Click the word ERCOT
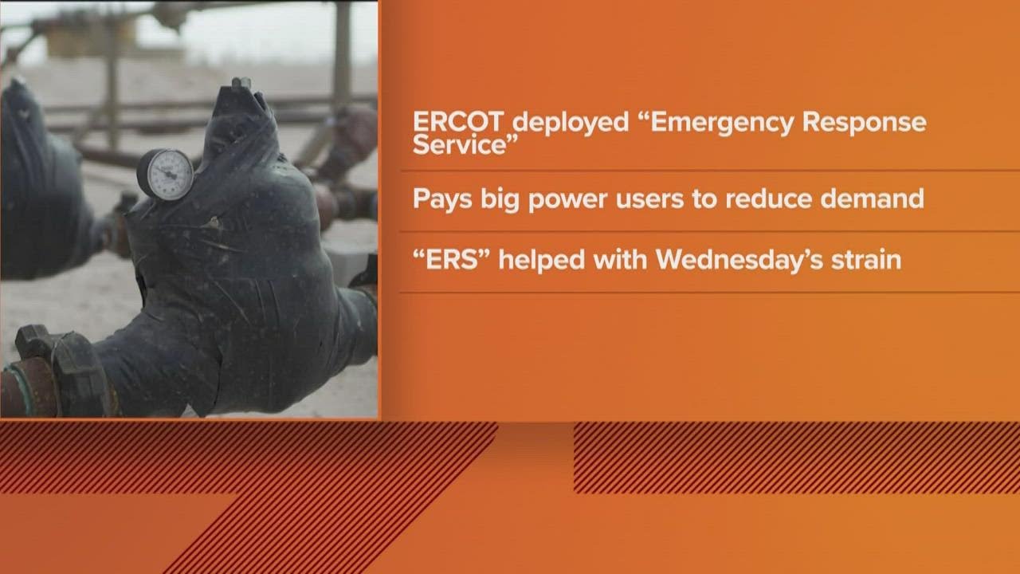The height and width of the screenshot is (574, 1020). tap(458, 124)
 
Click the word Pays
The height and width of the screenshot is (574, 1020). tap(441, 199)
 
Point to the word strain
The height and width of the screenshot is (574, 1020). tap(867, 261)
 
